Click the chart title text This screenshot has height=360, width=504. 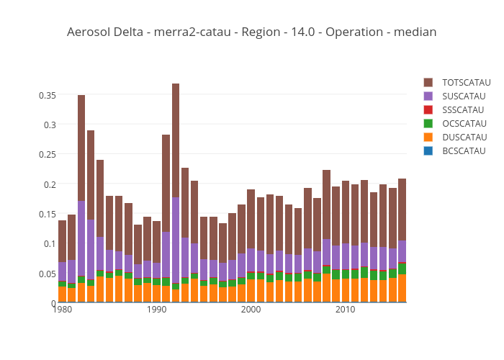(251, 32)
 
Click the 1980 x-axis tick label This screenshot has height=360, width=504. (63, 310)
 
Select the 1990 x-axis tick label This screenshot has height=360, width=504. (157, 310)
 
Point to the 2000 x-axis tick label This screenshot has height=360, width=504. (251, 310)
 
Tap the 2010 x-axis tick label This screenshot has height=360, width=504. (345, 310)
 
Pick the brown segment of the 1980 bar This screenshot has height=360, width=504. (63, 241)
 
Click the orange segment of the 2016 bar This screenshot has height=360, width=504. (402, 289)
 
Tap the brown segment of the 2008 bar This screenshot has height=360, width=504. (326, 204)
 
